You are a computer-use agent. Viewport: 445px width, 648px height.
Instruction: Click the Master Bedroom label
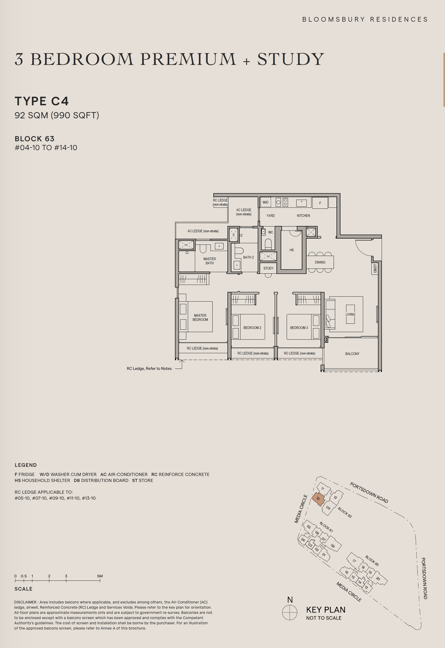200,317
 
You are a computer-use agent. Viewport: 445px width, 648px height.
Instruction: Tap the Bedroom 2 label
252,328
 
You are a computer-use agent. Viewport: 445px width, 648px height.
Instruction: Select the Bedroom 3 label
299,328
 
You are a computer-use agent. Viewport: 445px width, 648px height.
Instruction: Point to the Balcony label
352,354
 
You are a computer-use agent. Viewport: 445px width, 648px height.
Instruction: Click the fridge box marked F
320,203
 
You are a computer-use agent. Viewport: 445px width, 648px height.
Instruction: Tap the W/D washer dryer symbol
266,202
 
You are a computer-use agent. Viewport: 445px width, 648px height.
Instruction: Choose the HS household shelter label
291,250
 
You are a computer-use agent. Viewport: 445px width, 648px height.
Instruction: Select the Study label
268,268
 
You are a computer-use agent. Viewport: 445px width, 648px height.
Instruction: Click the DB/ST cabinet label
375,269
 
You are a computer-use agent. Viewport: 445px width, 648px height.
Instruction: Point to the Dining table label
320,262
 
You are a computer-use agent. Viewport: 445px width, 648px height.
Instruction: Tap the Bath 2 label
248,257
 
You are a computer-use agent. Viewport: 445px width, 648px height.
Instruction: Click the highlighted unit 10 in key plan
318,498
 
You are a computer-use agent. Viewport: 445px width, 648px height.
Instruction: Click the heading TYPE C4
41,101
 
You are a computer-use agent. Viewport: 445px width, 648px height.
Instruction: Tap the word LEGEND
26,465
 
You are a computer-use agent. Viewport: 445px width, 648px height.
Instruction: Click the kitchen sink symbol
301,203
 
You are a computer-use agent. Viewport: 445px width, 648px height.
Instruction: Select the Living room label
350,314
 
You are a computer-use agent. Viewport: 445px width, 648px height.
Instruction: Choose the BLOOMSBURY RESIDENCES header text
365,19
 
